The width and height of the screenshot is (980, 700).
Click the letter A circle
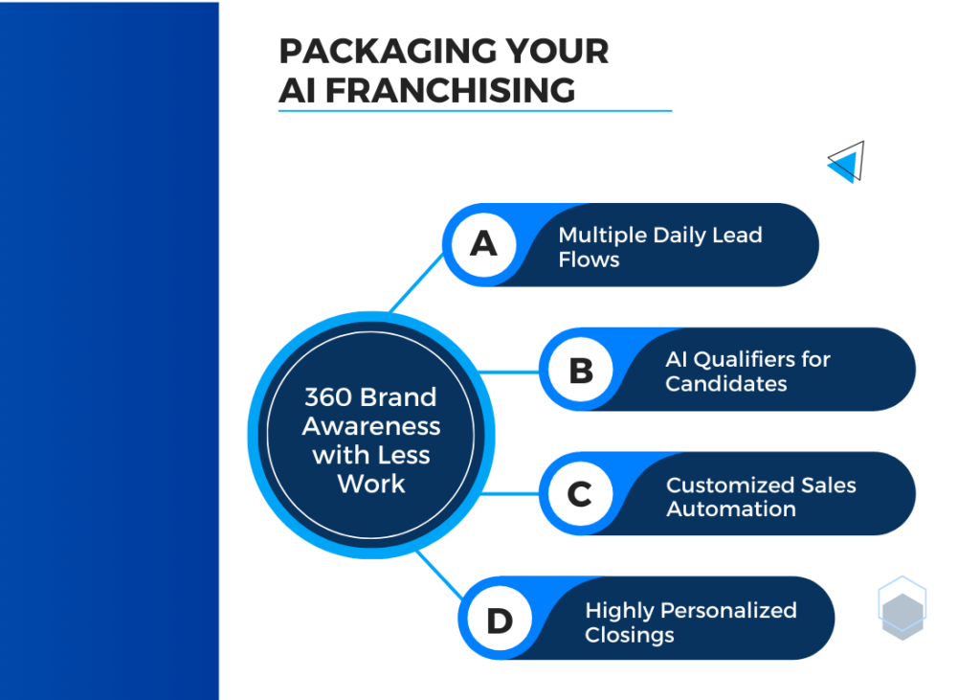[483, 244]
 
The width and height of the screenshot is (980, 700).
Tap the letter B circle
[581, 370]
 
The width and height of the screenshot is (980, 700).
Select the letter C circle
[581, 494]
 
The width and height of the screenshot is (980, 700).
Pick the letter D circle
[500, 620]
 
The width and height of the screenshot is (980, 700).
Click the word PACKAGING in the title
[388, 52]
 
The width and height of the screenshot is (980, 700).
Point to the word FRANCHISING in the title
[450, 90]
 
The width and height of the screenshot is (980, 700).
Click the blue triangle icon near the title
[846, 162]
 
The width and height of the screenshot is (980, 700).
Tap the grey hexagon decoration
[902, 616]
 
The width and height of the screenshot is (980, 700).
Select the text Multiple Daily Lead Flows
[660, 247]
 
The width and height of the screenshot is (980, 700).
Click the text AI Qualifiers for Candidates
[747, 371]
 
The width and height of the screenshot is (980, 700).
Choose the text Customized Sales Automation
[761, 497]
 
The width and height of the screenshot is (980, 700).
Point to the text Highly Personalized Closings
[691, 622]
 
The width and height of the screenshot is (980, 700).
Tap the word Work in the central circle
[371, 485]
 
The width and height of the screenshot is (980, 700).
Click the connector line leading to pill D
[440, 575]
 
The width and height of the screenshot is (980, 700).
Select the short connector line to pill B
[509, 373]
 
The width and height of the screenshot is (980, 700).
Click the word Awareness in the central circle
[371, 426]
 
